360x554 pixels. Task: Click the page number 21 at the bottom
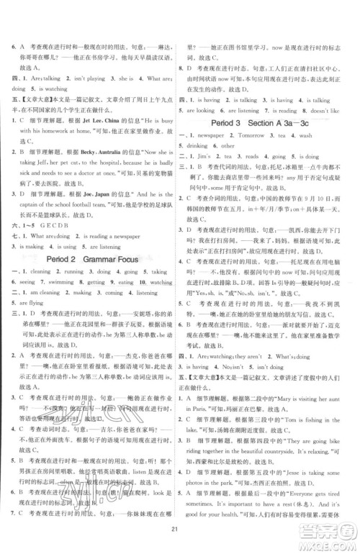[180, 540]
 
